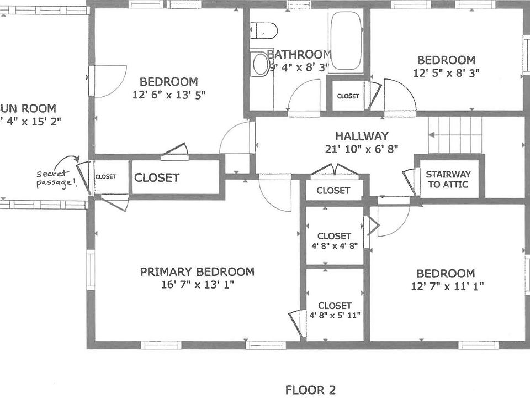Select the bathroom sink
click(259, 64)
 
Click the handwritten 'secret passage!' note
click(55, 179)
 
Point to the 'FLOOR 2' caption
click(310, 390)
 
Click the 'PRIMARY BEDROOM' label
click(197, 271)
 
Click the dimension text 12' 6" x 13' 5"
click(169, 95)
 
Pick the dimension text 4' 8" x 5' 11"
click(335, 316)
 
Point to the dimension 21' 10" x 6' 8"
click(362, 149)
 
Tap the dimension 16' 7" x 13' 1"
click(197, 285)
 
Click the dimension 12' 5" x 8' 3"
click(446, 72)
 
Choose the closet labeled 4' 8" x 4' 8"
click(335, 240)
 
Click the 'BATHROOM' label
click(299, 54)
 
